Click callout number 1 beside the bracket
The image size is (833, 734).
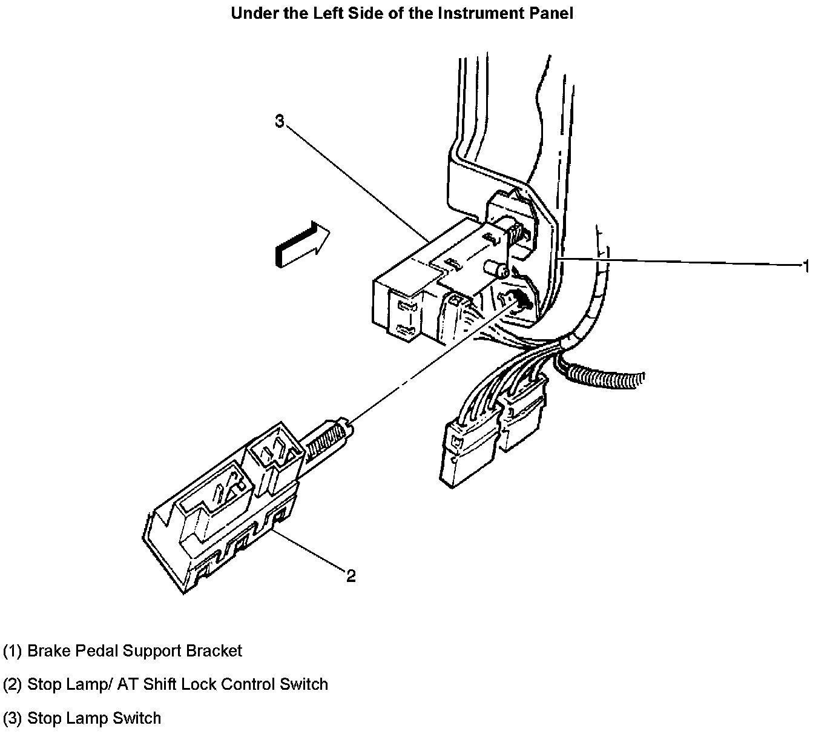tap(805, 266)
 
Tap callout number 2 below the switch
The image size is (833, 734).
tap(351, 575)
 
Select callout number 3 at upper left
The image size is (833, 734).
tap(279, 122)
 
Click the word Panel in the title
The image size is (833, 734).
tap(550, 13)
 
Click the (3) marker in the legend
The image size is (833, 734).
tap(13, 718)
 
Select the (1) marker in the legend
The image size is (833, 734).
tap(13, 651)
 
